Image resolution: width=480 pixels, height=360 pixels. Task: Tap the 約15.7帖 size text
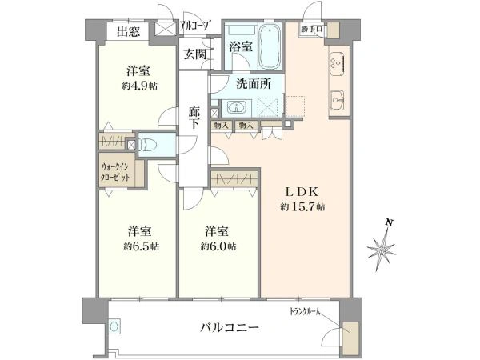tap(302, 207)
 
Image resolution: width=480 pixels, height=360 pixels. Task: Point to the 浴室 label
tap(241, 47)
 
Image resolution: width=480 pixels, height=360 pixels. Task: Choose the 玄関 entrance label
tap(194, 54)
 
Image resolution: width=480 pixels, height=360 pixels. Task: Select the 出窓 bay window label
tap(127, 32)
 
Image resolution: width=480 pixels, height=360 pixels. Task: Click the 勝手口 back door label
tap(312, 30)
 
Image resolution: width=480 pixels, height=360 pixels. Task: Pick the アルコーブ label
tap(194, 26)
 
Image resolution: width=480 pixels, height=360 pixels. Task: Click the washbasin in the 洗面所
tap(238, 107)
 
